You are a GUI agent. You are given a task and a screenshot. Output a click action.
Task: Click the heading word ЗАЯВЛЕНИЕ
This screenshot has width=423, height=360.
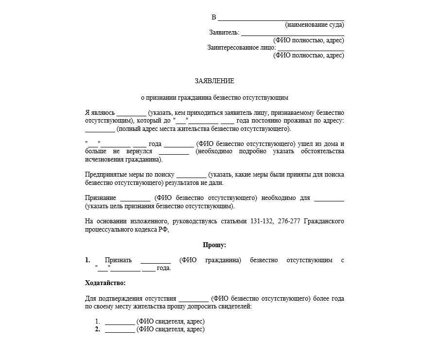(x=214, y=81)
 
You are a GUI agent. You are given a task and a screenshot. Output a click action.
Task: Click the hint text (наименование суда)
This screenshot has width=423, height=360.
(x=315, y=25)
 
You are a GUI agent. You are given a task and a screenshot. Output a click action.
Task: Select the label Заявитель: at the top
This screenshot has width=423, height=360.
(x=224, y=33)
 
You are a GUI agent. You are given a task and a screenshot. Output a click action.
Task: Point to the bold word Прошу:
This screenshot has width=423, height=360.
(x=214, y=245)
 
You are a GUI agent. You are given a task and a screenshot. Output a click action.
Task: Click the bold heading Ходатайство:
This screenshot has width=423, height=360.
(x=106, y=283)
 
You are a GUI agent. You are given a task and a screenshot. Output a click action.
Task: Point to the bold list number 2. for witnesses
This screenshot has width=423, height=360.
(x=97, y=329)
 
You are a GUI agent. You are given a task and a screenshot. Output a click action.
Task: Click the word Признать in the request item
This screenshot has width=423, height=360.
(x=118, y=260)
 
